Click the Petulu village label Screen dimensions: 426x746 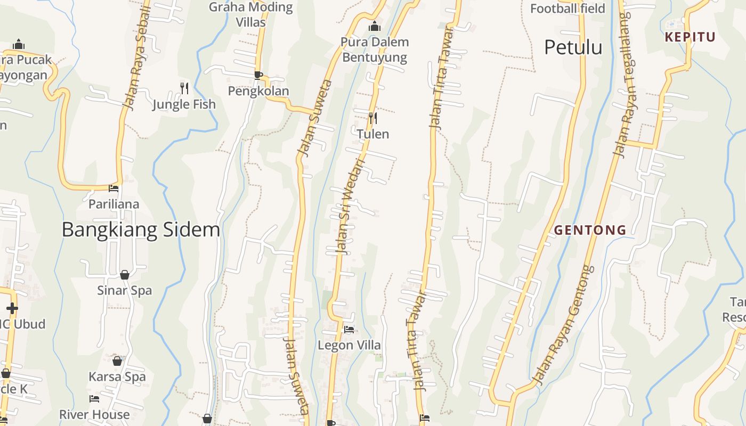tap(573, 47)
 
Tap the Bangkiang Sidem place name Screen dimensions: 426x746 tap(141, 230)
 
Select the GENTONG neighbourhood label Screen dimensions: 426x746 tap(590, 230)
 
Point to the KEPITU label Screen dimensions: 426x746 tap(690, 37)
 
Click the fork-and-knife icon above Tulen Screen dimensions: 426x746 tap(373, 118)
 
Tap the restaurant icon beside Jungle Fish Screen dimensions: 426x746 tap(184, 88)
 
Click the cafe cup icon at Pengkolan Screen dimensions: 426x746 tap(258, 75)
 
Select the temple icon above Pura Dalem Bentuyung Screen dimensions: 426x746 tap(375, 26)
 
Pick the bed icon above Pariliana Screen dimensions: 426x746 tap(113, 188)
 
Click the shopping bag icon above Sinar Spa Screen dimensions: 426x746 tap(125, 275)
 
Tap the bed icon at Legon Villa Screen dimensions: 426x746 tap(349, 330)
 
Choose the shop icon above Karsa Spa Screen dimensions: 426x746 tap(117, 361)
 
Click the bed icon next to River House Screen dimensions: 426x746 tap(94, 398)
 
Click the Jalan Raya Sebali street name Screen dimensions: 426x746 tap(137, 59)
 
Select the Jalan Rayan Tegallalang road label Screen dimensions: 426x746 tap(622, 85)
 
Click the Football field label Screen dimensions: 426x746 tap(567, 9)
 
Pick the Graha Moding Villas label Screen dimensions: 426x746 tap(250, 14)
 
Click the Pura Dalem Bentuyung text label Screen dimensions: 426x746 tap(375, 50)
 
